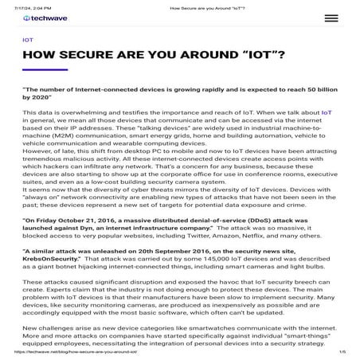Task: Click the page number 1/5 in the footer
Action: [342, 352]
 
